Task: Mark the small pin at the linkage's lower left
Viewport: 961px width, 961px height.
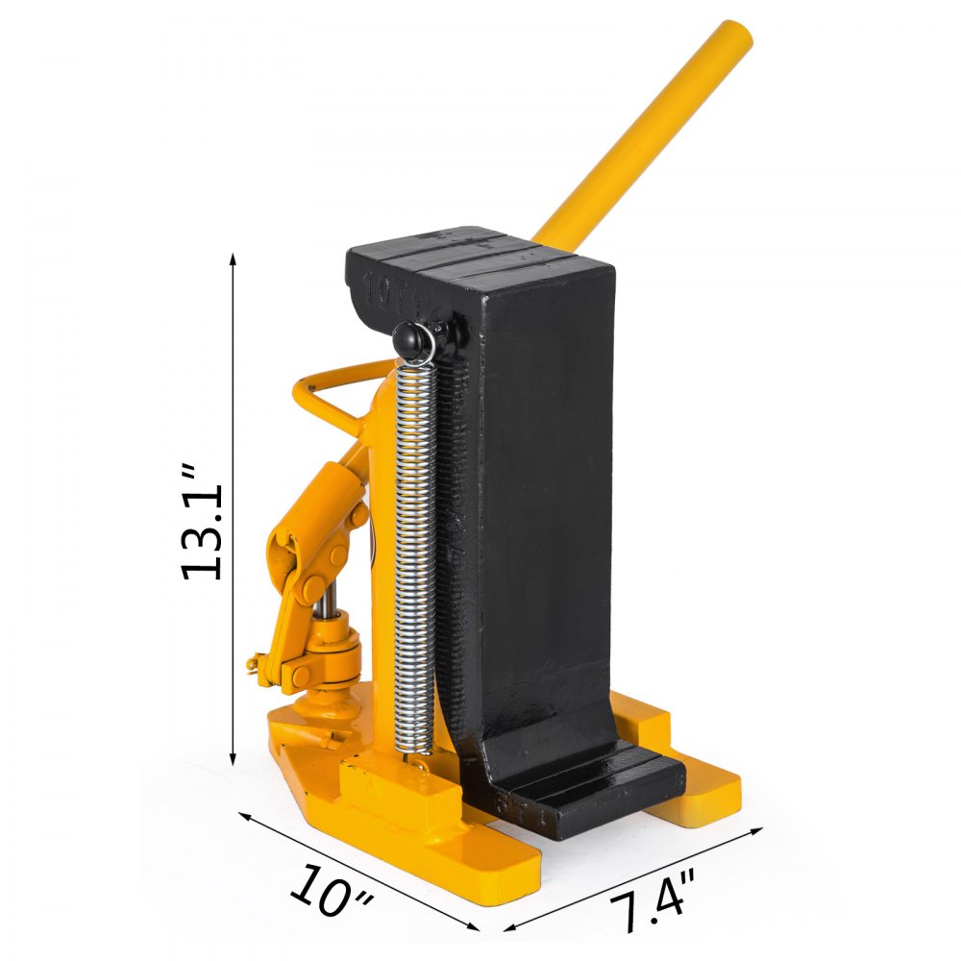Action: tap(258, 660)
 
